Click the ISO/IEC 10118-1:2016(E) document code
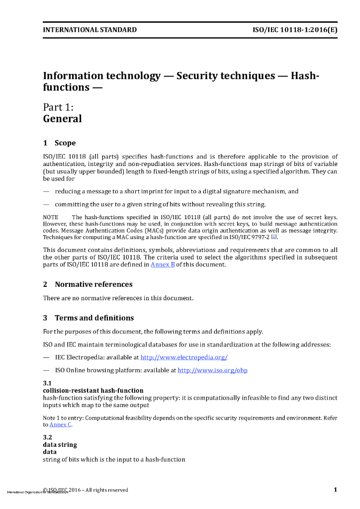pyautogui.click(x=295, y=30)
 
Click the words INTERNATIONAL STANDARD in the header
pyautogui.click(x=90, y=30)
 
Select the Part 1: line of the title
pyautogui.click(x=58, y=107)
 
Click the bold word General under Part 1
pyautogui.click(x=62, y=119)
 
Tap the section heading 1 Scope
pyautogui.click(x=60, y=143)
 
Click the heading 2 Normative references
pyautogui.click(x=88, y=284)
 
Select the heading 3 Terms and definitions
pyautogui.click(x=89, y=318)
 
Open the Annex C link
pyautogui.click(x=60, y=424)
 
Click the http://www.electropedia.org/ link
pyautogui.click(x=184, y=357)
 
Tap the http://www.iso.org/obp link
pyautogui.click(x=212, y=370)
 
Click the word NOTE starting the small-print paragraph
pyautogui.click(x=51, y=217)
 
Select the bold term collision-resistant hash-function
pyautogui.click(x=93, y=391)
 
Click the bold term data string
pyautogui.click(x=60, y=445)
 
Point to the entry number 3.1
pyautogui.click(x=47, y=383)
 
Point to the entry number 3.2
pyautogui.click(x=47, y=437)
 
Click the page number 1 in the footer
pyautogui.click(x=335, y=490)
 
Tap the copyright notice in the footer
pyautogui.click(x=86, y=490)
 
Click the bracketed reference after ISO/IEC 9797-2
pyautogui.click(x=273, y=238)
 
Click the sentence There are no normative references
pyautogui.click(x=118, y=298)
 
